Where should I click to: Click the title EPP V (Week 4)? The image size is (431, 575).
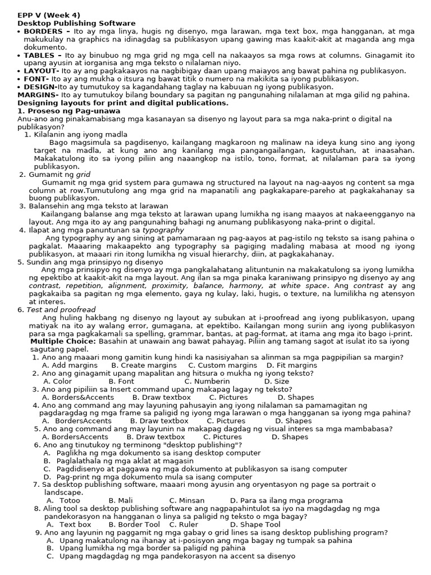click(48, 15)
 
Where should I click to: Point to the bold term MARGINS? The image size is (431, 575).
click(36, 95)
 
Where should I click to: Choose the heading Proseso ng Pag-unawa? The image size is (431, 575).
click(64, 111)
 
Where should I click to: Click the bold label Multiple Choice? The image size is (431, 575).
click(63, 341)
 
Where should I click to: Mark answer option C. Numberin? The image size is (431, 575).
click(207, 381)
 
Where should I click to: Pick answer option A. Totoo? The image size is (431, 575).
click(63, 500)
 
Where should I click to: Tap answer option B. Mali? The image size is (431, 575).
click(121, 500)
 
